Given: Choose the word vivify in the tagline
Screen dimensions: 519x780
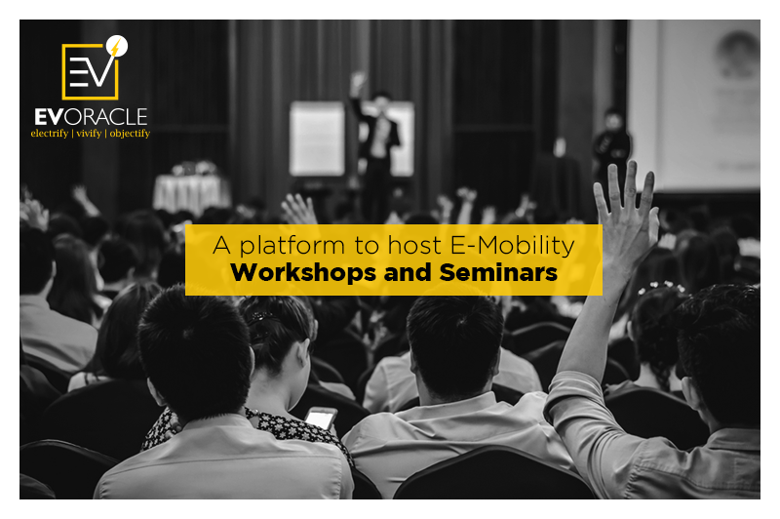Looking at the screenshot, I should (x=88, y=133).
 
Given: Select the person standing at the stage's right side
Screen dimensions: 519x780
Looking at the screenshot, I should (x=611, y=146).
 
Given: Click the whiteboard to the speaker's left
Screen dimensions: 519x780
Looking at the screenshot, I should (x=317, y=138).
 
